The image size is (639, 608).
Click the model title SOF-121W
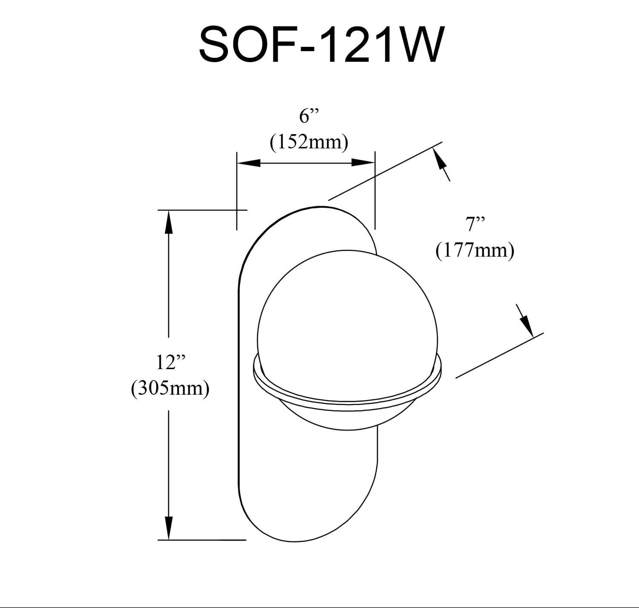pos(319,44)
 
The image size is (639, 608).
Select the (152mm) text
pos(309,142)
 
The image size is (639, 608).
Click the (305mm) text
pos(170,388)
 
